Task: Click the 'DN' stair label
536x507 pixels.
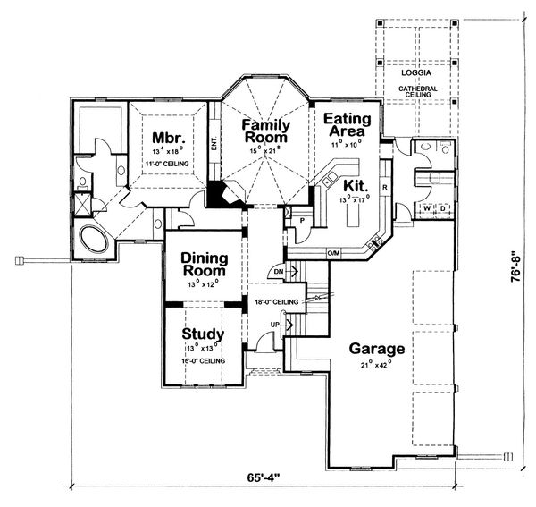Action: pos(279,270)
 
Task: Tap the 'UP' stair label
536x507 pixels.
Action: pos(276,324)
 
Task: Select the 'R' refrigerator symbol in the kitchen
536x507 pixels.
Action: pos(384,188)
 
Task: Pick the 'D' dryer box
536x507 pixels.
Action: pos(439,209)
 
